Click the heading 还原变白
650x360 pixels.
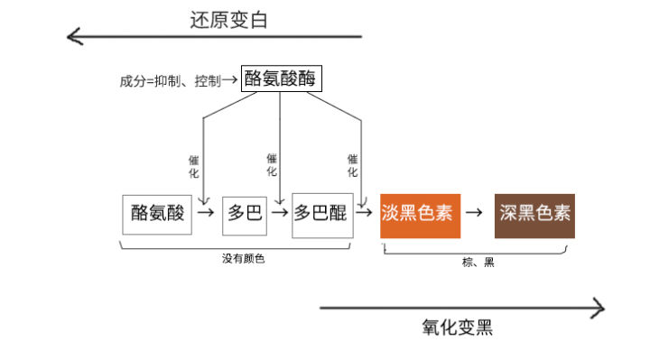(x=228, y=20)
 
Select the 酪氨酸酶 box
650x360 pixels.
(x=282, y=79)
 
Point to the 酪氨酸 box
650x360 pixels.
(x=157, y=214)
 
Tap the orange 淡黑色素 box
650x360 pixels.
(x=421, y=215)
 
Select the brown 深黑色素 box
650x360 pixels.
(x=534, y=215)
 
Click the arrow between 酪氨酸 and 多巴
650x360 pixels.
(x=207, y=214)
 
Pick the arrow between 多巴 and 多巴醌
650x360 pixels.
(x=279, y=214)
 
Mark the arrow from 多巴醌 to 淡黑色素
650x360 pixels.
(x=365, y=214)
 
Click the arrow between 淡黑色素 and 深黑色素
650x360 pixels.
(x=478, y=215)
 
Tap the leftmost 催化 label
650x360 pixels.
(x=193, y=166)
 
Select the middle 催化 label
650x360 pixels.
(x=272, y=164)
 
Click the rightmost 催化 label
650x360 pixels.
(x=352, y=164)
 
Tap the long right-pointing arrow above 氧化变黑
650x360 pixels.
(x=461, y=309)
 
